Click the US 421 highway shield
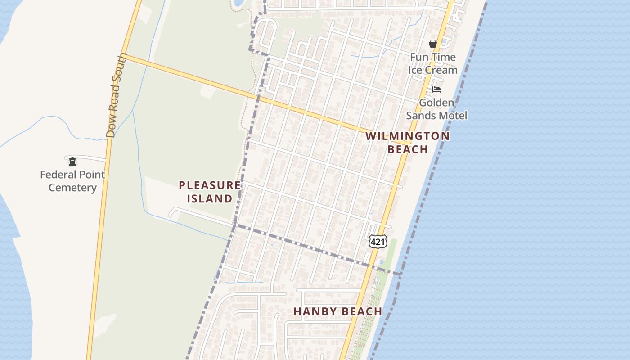tap(378, 242)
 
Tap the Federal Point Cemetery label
tap(72, 181)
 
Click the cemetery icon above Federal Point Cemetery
tap(72, 162)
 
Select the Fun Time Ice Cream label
tap(432, 63)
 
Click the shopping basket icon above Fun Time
tap(432, 44)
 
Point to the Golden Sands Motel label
tap(436, 109)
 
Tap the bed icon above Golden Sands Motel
tap(436, 90)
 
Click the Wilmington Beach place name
tap(407, 142)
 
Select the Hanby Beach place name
tap(337, 311)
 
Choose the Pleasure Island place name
tap(210, 192)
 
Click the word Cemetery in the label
tap(72, 188)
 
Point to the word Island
tap(210, 198)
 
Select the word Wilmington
tap(407, 136)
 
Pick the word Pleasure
tap(210, 185)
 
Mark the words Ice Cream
tap(432, 70)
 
